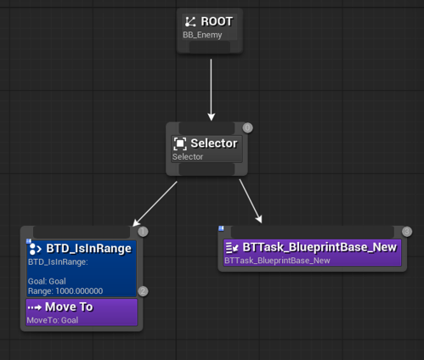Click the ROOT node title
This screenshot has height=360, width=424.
[x=217, y=21]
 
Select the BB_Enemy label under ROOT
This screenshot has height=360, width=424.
[x=202, y=35]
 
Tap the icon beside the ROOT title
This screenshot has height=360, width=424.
[x=190, y=22]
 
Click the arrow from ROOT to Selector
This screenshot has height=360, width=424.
[x=211, y=89]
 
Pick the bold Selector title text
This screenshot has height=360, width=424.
[x=214, y=143]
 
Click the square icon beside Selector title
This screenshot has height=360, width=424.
[x=180, y=143]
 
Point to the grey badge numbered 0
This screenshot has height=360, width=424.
[x=248, y=128]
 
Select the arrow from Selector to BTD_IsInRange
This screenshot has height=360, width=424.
[x=155, y=204]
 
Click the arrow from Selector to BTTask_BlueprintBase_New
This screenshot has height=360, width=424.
[x=251, y=201]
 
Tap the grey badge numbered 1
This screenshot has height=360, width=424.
[x=143, y=232]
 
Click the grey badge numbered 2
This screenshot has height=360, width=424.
[x=143, y=291]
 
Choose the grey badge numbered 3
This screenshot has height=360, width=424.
[x=407, y=232]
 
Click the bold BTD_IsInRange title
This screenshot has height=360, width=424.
[x=88, y=249]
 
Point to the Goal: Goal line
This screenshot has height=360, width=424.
[x=47, y=281]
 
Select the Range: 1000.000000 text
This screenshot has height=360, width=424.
[x=65, y=291]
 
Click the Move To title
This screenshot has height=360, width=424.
[x=69, y=307]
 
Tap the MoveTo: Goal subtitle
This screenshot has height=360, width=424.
[x=53, y=320]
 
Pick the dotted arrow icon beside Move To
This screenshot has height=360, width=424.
[x=35, y=307]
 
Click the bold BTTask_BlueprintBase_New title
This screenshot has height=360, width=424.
[x=319, y=247]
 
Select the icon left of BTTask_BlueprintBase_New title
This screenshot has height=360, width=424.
[x=232, y=248]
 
